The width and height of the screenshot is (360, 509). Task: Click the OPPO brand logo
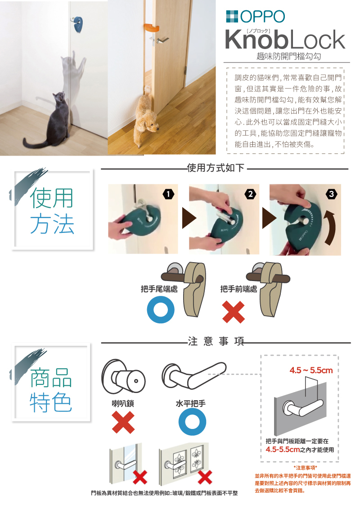tap(256, 16)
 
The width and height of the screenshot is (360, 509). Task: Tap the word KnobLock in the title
tap(284, 40)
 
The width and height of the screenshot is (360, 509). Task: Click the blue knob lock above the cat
tap(78, 24)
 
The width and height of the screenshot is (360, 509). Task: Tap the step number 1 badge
tap(168, 194)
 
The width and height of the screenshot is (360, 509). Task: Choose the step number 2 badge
tap(250, 194)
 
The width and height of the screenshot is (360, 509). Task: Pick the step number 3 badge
tap(331, 194)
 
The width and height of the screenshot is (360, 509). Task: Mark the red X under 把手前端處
tap(233, 312)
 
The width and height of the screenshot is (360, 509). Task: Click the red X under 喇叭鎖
tap(123, 422)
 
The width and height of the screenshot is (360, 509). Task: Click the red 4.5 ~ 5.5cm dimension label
tap(311, 370)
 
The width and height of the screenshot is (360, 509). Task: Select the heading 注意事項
tap(216, 341)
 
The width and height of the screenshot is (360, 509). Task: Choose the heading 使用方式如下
tap(216, 168)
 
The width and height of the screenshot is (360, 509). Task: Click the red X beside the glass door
tap(140, 477)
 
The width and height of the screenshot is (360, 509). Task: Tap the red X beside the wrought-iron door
tap(205, 477)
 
